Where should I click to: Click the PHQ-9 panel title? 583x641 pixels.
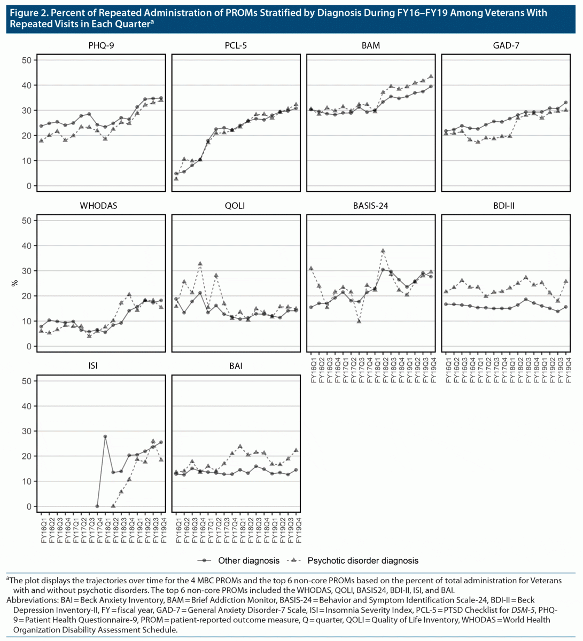(101, 45)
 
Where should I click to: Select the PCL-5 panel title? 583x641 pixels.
(236, 45)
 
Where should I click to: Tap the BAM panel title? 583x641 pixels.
(370, 45)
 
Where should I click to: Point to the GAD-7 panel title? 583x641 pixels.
(506, 45)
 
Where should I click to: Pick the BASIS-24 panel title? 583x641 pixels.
(370, 206)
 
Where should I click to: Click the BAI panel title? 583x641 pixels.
(236, 366)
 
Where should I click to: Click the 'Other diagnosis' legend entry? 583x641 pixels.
(248, 560)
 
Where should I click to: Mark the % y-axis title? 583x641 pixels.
(14, 283)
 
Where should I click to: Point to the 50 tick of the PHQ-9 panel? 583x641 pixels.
(27, 60)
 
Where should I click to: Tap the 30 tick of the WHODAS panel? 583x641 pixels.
(27, 271)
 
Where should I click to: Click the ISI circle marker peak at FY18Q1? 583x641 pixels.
(105, 436)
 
